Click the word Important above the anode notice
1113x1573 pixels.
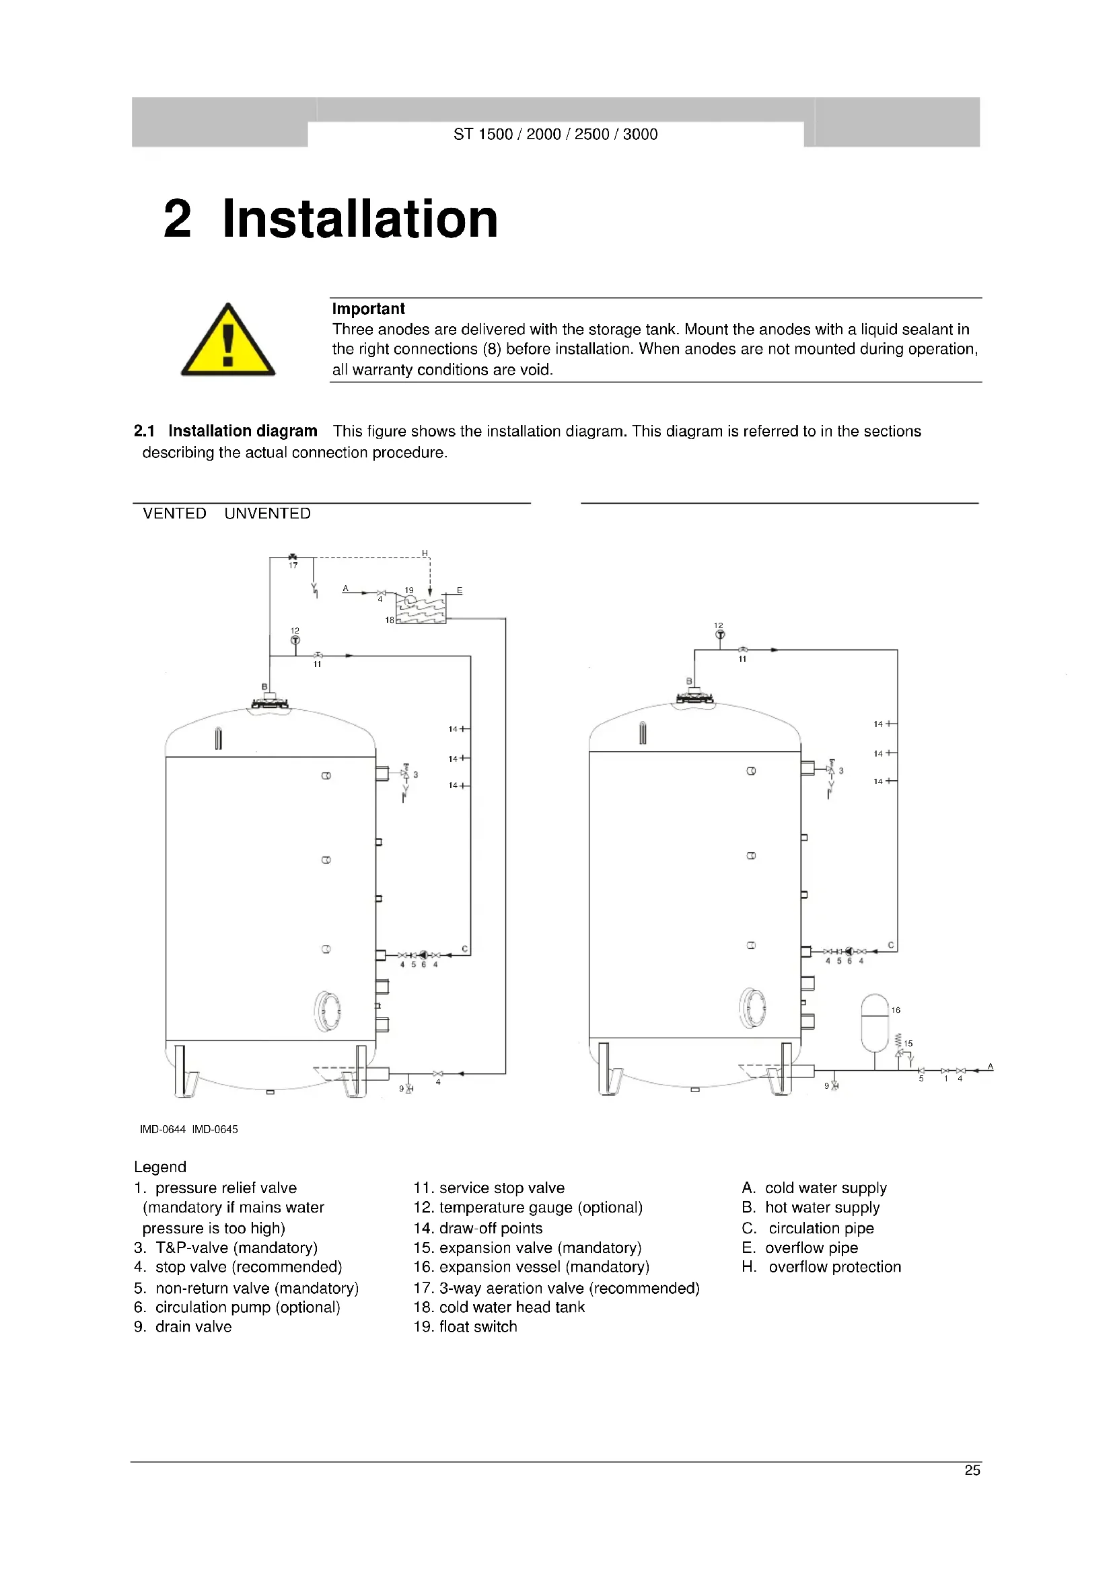pos(368,309)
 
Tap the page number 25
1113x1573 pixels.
pos(972,1470)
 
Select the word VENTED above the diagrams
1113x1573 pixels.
pos(174,514)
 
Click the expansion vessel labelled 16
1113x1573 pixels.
pos(875,1023)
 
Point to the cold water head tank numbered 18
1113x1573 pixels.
pos(421,608)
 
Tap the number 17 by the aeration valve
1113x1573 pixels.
pos(293,566)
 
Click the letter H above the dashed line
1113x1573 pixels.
pos(425,553)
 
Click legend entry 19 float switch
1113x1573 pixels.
pos(466,1326)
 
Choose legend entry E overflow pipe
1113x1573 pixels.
pos(800,1248)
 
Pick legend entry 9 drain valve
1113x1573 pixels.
pos(183,1326)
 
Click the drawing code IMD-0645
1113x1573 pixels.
pos(215,1129)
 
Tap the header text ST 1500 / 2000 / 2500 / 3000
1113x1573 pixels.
pos(555,135)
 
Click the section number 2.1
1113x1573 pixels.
pos(144,431)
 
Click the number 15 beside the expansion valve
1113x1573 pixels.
pos(908,1044)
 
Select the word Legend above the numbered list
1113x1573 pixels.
pos(159,1167)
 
